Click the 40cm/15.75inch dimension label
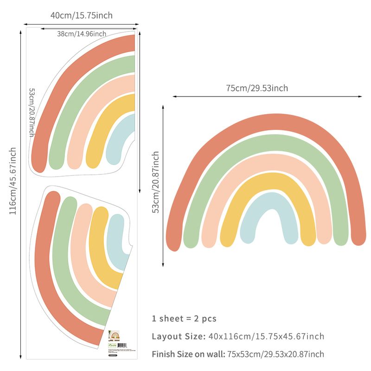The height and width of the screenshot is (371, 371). tap(82, 16)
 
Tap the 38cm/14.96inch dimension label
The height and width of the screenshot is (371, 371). tap(82, 33)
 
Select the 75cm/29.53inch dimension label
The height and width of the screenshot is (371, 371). tap(257, 88)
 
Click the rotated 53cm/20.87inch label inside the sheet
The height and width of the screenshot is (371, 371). tap(32, 112)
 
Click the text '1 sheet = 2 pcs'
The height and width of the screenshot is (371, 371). tap(184, 319)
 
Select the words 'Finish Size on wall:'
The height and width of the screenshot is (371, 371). tap(188, 354)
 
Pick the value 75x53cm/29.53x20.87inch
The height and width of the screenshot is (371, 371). tap(275, 354)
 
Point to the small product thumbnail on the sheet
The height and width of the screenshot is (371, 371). tap(114, 335)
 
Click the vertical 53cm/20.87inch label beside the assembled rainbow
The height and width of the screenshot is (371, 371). tap(156, 182)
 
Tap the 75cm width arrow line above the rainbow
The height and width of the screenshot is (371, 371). tap(268, 96)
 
